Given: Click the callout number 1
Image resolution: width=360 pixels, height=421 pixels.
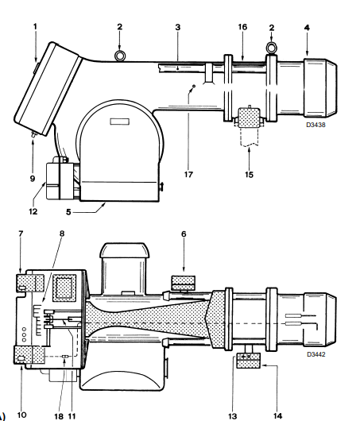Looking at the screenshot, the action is coord(35,26).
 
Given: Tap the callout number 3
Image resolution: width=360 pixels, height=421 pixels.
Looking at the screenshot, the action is coord(178,27).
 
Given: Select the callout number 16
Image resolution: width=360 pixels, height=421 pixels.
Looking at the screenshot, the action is coord(242,27).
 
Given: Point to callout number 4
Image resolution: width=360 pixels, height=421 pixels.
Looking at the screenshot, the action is coord(307,27).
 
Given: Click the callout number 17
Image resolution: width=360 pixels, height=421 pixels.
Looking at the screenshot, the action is coord(188,175).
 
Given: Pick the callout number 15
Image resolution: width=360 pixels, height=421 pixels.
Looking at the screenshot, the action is coord(249,175).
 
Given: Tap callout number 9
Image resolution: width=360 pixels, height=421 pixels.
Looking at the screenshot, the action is coord(33,179).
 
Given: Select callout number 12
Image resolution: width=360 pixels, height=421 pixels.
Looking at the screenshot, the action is coord(33,211).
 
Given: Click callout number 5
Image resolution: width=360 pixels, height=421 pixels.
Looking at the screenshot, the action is coord(68,212).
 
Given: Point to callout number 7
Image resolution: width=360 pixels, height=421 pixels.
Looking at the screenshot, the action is coord(21,234).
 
